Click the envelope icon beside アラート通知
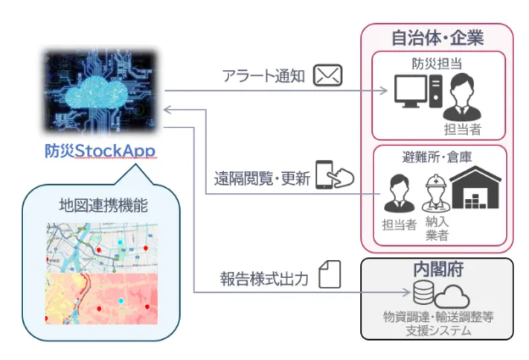pyautogui.click(x=327, y=76)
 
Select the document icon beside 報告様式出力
pyautogui.click(x=330, y=274)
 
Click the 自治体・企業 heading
pyautogui.click(x=437, y=38)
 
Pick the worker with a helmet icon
pyautogui.click(x=436, y=192)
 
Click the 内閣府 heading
pyautogui.click(x=437, y=270)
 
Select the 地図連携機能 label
pyautogui.click(x=103, y=204)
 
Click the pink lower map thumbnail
pyautogui.click(x=103, y=298)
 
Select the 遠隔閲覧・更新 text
pyautogui.click(x=262, y=179)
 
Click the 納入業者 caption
pyautogui.click(x=437, y=228)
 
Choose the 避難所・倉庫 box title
pyautogui.click(x=437, y=157)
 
